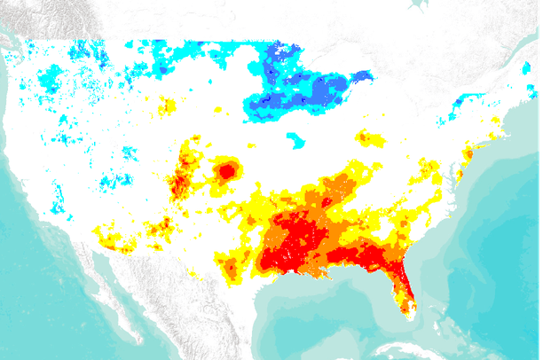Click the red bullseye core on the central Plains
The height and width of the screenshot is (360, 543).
point(226,170)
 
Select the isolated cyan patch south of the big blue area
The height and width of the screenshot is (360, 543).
point(295,139)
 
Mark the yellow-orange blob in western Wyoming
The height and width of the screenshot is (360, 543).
point(166,107)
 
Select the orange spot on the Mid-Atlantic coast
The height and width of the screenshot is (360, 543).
point(465,156)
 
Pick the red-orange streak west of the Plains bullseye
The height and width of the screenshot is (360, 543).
point(181,177)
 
